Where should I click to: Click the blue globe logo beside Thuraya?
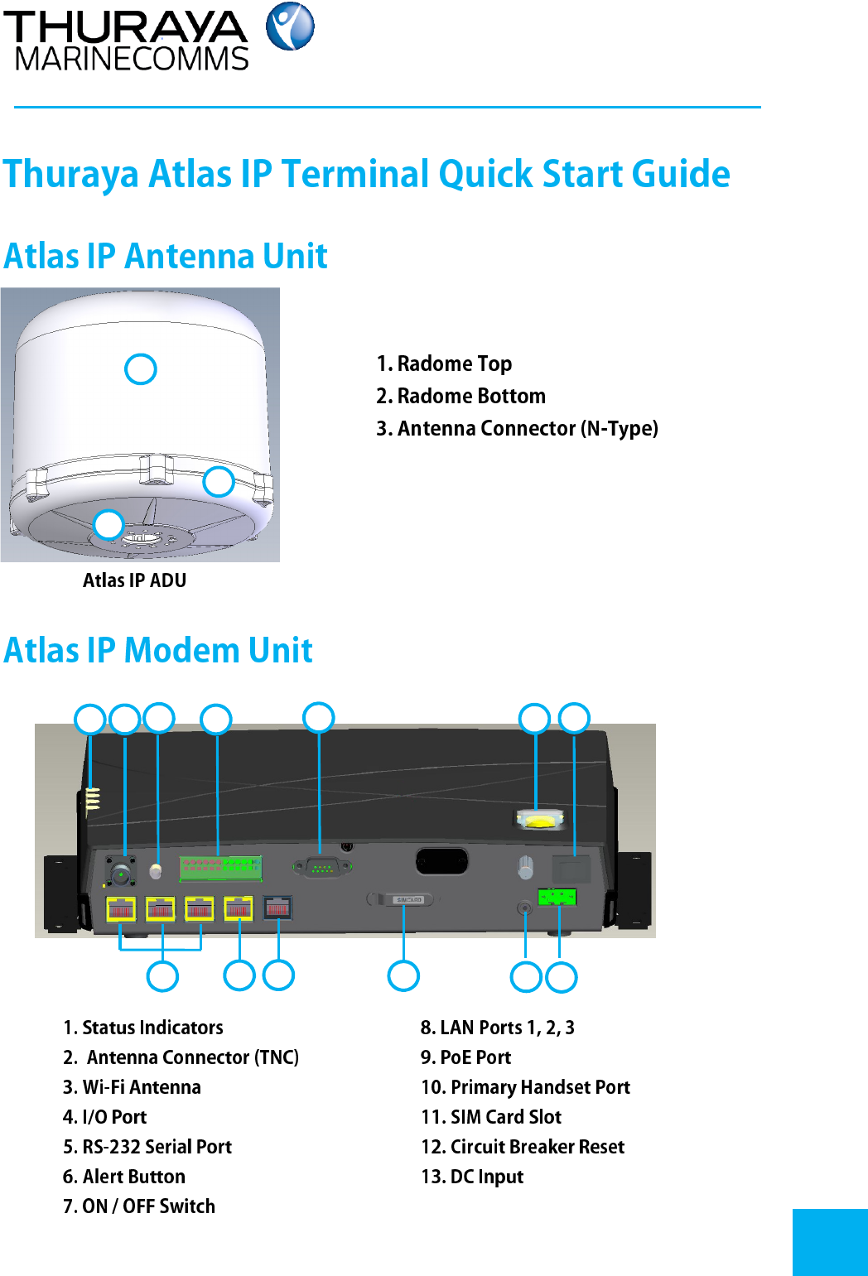[x=290, y=26]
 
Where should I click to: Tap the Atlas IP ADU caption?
[x=134, y=580]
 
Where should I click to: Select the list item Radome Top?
[x=444, y=364]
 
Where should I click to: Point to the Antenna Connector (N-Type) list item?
[x=517, y=428]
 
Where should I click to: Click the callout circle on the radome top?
[x=141, y=369]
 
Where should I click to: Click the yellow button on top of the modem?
[x=540, y=821]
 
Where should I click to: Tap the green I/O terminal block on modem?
[x=221, y=868]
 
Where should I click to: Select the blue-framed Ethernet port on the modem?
[x=277, y=908]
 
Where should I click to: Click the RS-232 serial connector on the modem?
[x=321, y=867]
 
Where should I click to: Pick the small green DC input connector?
[x=557, y=897]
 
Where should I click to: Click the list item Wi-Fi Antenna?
[x=132, y=1087]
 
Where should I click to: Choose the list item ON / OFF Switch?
[x=139, y=1206]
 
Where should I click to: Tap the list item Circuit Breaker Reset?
[x=523, y=1147]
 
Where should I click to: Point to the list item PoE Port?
[x=465, y=1057]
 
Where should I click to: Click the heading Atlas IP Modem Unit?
[x=158, y=650]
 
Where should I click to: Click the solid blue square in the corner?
[x=830, y=1242]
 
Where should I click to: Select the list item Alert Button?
[x=124, y=1177]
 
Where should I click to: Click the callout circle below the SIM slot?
[x=403, y=976]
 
